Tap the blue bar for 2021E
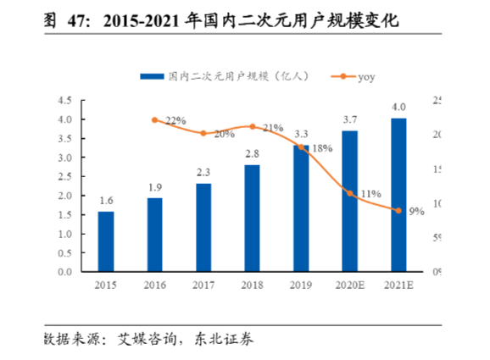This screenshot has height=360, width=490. pyautogui.click(x=398, y=195)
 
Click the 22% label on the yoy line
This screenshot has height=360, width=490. pyautogui.click(x=175, y=121)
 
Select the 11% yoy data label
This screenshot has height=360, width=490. pyautogui.click(x=370, y=194)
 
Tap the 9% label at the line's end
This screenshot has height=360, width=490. pyautogui.click(x=416, y=212)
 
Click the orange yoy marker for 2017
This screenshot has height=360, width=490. pyautogui.click(x=203, y=133)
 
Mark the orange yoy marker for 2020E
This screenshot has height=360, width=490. pyautogui.click(x=350, y=193)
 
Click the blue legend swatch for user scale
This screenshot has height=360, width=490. pyautogui.click(x=152, y=76)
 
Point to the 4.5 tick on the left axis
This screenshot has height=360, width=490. pyautogui.click(x=64, y=101)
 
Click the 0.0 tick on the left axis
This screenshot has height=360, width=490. pyautogui.click(x=64, y=273)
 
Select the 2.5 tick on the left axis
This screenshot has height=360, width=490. pyautogui.click(x=64, y=177)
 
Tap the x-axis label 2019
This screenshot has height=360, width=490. pyautogui.click(x=301, y=287)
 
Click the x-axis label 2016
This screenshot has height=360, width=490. pyautogui.click(x=154, y=287)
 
